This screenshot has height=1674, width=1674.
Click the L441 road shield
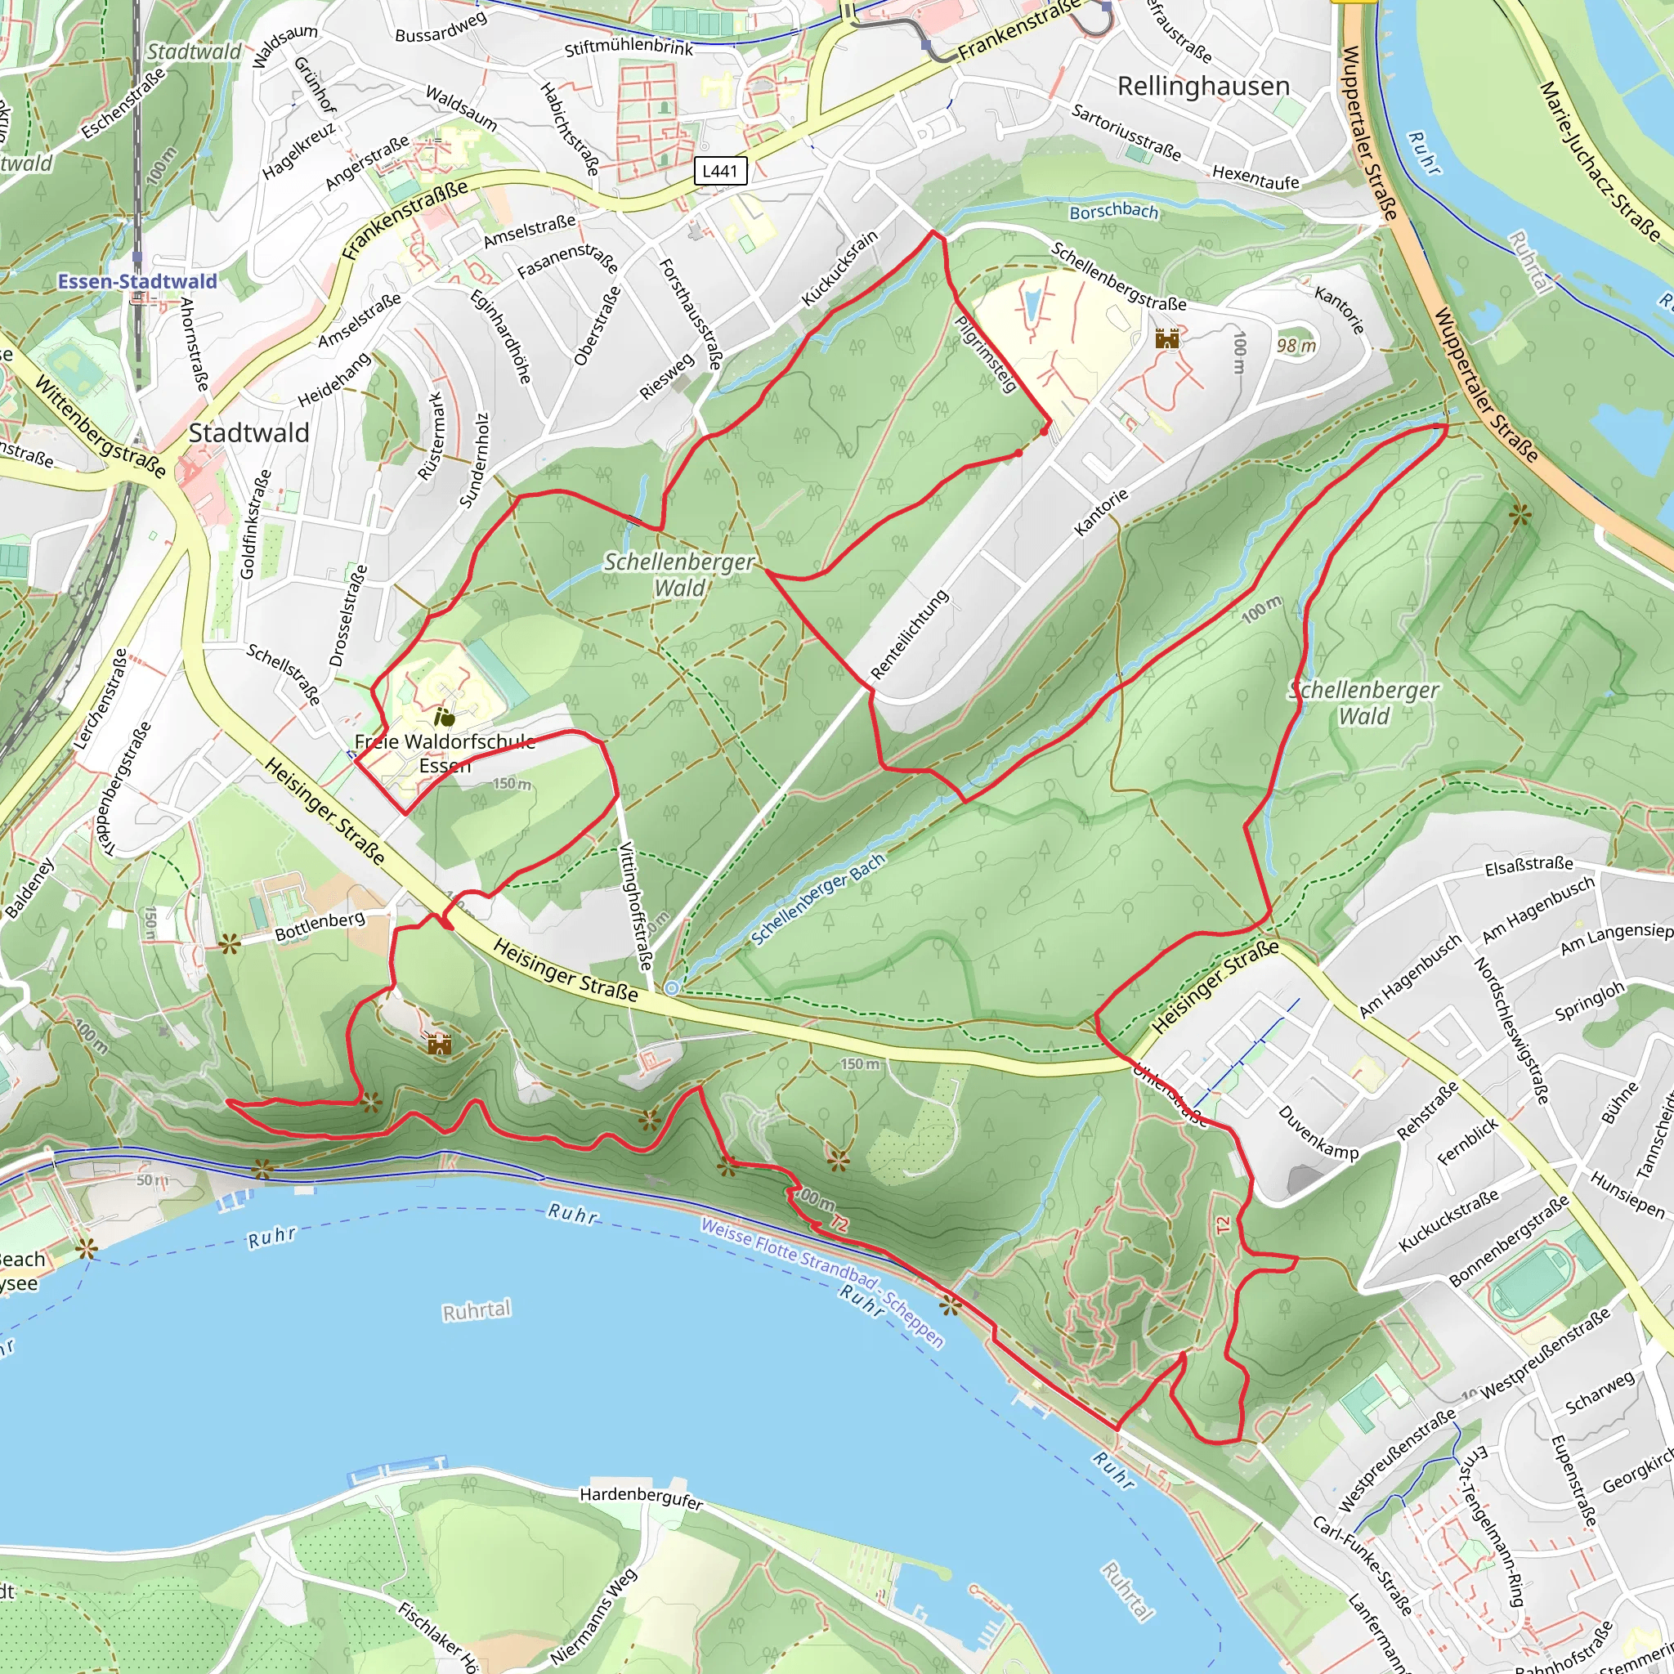720,171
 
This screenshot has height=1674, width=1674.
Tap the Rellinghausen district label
1202,86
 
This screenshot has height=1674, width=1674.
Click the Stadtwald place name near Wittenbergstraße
248,432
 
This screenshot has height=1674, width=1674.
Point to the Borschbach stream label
1112,212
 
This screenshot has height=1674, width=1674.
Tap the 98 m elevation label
1296,346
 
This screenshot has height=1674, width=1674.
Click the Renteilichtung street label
910,634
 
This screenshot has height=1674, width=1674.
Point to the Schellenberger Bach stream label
818,898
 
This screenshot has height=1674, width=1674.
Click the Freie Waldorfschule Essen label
445,753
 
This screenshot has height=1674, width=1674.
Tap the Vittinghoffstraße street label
635,906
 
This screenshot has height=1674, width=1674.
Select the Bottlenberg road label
320,926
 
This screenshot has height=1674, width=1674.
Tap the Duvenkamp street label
1318,1132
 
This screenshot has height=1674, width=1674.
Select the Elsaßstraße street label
1529,865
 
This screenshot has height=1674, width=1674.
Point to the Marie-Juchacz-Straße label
1599,161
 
